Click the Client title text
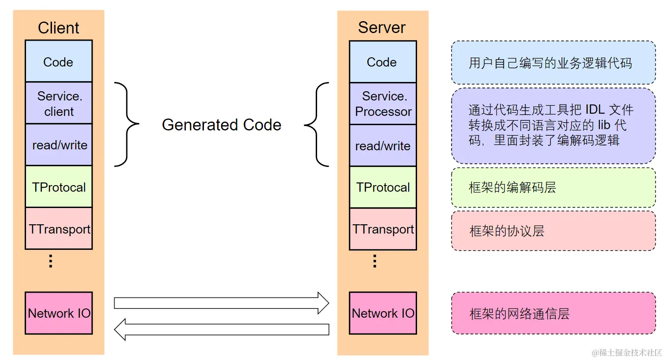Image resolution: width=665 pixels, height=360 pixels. pyautogui.click(x=59, y=28)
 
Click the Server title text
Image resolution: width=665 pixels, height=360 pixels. pyautogui.click(x=382, y=27)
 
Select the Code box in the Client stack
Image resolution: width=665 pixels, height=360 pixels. pyautogui.click(x=59, y=61)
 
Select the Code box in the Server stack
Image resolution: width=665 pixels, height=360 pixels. pyautogui.click(x=382, y=62)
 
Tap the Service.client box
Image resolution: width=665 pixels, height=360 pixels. pyautogui.click(x=59, y=103)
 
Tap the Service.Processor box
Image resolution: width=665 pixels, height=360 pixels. pyautogui.click(x=382, y=104)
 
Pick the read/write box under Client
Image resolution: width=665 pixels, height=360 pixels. pyautogui.click(x=59, y=145)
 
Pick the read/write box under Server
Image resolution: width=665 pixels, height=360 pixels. pyautogui.click(x=382, y=145)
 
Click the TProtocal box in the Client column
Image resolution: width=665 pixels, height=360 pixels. pyautogui.click(x=59, y=187)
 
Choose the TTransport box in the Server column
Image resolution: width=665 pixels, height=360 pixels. pyautogui.click(x=382, y=229)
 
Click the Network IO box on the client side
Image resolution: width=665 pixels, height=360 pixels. pyautogui.click(x=59, y=313)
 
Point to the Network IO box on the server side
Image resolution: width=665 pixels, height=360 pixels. pyautogui.click(x=382, y=313)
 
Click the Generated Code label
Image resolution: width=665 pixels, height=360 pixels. pyautogui.click(x=222, y=125)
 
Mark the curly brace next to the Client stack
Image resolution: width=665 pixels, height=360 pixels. pyautogui.click(x=127, y=124)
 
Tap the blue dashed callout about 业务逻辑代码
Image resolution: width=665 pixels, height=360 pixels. pyautogui.click(x=553, y=63)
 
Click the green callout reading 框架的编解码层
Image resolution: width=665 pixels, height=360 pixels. pyautogui.click(x=553, y=187)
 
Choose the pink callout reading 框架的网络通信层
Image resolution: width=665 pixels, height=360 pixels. pyautogui.click(x=553, y=313)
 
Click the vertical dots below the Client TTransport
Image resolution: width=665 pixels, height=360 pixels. pyautogui.click(x=51, y=261)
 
